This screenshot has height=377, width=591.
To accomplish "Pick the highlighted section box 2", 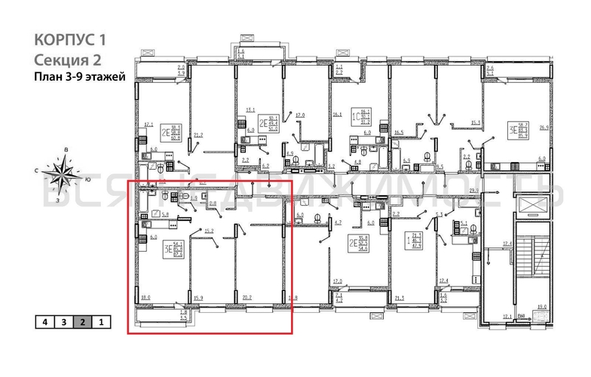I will tap(83, 322).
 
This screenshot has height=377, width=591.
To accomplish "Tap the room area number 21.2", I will tap(198, 136).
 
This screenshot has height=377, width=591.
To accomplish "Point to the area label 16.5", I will tap(399, 133).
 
